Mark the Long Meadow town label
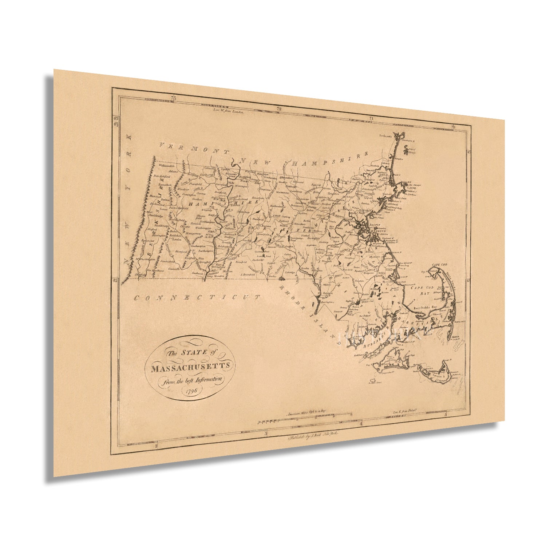pyautogui.click(x=215, y=276)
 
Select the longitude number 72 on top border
pyautogui.click(x=279, y=108)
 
